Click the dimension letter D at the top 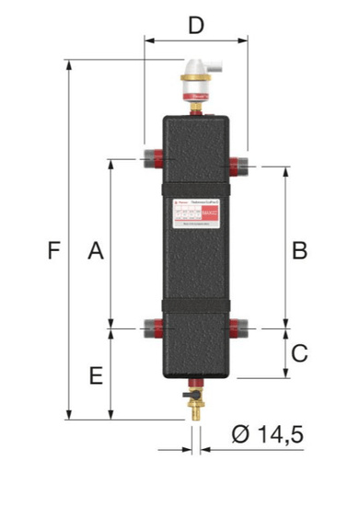(x=195, y=25)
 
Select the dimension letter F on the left (x=54, y=249)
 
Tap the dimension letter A (x=95, y=249)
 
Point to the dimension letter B (x=299, y=249)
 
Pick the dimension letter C (x=299, y=352)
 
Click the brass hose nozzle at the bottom (x=195, y=413)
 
